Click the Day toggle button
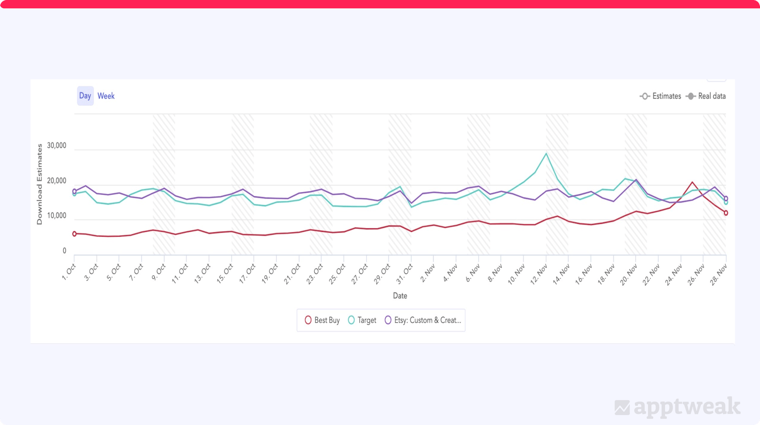coord(85,96)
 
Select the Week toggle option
coord(106,96)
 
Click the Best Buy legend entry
coord(322,320)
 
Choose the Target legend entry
coord(362,320)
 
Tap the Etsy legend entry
coord(423,320)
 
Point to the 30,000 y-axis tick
coord(56,145)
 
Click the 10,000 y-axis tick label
coord(56,215)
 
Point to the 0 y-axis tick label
coord(64,251)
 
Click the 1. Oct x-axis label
coord(69,272)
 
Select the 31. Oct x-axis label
coord(405,272)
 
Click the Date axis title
coord(400,296)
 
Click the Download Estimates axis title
coord(40,184)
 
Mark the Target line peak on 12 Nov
coord(546,153)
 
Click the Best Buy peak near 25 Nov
coord(692,182)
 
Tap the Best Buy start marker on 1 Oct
coord(74,234)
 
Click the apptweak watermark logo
coord(677,407)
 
